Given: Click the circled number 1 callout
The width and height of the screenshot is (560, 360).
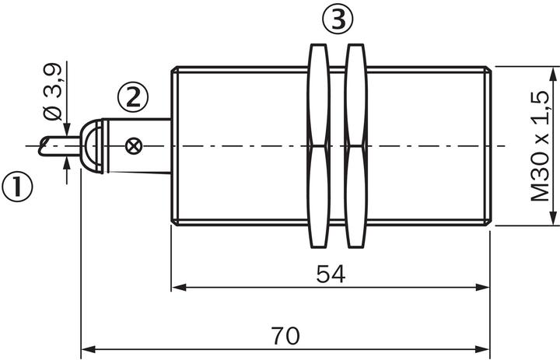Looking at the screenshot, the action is click(17, 187).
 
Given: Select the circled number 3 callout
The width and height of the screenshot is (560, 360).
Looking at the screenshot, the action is click(338, 19).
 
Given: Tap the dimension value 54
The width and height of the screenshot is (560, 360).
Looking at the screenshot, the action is click(331, 274).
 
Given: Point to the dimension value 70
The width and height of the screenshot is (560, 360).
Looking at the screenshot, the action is click(285, 336).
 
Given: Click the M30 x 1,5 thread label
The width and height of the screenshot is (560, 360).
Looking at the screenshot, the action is click(540, 146).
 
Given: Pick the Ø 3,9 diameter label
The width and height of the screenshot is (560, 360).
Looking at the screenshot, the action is click(53, 93).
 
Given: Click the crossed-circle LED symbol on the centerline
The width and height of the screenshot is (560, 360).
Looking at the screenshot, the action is click(134, 146).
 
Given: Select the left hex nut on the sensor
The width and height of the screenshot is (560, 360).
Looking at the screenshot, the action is click(318, 145).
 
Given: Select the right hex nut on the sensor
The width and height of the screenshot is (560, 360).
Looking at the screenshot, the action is click(355, 145).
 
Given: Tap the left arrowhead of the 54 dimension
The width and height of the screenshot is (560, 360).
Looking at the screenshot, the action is click(179, 287).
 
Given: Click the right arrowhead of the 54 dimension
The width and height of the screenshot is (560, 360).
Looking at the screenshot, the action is click(482, 287).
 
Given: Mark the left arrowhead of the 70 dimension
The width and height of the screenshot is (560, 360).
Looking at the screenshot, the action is click(89, 349).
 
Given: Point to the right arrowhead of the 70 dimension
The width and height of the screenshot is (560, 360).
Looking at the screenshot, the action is click(482, 349).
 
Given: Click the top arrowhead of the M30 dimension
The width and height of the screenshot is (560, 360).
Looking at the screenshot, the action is click(553, 75).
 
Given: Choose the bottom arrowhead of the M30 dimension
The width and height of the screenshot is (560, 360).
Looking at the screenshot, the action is click(553, 218).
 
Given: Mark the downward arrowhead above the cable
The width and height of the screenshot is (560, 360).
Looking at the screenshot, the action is click(67, 129).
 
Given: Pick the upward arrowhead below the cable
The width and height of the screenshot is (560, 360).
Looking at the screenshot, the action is click(67, 163).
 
